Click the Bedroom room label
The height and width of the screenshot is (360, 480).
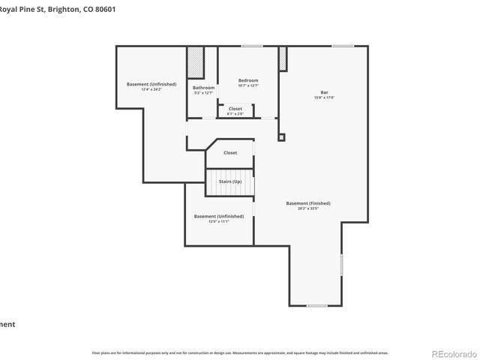248,80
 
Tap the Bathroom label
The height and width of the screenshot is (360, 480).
204,88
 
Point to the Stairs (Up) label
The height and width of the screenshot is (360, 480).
230,181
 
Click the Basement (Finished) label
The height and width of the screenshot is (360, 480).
308,203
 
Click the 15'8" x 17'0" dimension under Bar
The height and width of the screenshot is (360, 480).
324,98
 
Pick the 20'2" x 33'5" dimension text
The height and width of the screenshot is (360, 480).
308,208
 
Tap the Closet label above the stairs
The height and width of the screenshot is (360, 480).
230,152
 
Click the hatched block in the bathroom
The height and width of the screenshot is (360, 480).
196,62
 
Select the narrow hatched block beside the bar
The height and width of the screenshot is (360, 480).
283,59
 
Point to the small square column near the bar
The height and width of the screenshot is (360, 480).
281,137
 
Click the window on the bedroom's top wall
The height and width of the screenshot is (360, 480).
252,46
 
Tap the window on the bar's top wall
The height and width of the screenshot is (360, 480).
343,46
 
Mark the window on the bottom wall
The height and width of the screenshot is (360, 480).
316,305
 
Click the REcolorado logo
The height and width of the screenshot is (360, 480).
452,353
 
